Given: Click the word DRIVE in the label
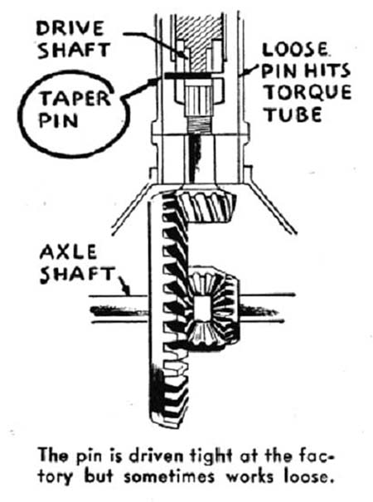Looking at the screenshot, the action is tap(70, 28).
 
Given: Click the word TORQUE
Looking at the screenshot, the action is tap(308, 92).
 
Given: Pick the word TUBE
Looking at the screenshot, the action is tap(293, 115).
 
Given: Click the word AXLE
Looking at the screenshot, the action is tap(68, 251).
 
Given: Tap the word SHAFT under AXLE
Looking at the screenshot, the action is tap(77, 275).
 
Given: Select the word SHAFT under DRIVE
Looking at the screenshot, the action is tap(74, 51).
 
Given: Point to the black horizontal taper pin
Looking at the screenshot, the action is tap(187, 75).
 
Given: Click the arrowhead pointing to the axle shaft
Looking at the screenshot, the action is tap(127, 291).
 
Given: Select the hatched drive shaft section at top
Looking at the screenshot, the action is tap(199, 41).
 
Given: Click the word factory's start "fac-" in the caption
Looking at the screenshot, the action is tap(314, 456).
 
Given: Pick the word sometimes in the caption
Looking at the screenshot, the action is tap(169, 477).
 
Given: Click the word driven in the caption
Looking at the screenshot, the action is tap(157, 456).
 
